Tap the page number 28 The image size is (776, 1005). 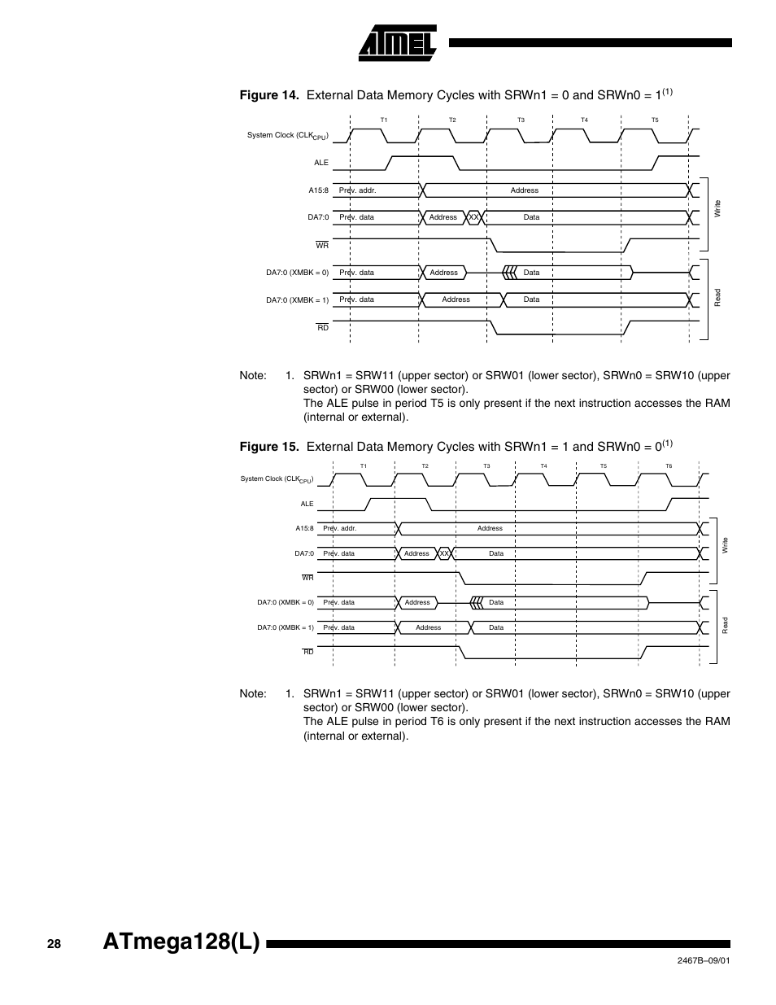[x=54, y=944]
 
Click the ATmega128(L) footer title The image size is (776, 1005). [x=182, y=942]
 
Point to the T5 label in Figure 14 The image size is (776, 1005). [x=655, y=120]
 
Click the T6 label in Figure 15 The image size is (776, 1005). [x=669, y=466]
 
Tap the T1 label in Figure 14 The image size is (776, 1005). [x=384, y=120]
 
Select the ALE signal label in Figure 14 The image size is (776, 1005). [x=321, y=163]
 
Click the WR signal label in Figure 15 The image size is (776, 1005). [x=307, y=578]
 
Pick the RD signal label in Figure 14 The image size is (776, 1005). [x=323, y=327]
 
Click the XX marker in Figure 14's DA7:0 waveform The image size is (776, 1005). [x=473, y=217]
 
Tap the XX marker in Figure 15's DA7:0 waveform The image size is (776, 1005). [x=444, y=553]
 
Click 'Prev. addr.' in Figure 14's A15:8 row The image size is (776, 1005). [x=357, y=190]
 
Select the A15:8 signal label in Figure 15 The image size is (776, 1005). [x=304, y=528]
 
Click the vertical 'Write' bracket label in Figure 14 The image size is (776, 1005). [x=717, y=208]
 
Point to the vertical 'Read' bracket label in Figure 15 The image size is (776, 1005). [x=725, y=625]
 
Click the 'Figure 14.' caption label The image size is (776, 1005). [x=269, y=95]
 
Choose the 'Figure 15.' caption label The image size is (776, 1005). [x=269, y=447]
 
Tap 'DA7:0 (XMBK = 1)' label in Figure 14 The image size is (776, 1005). [x=297, y=300]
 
